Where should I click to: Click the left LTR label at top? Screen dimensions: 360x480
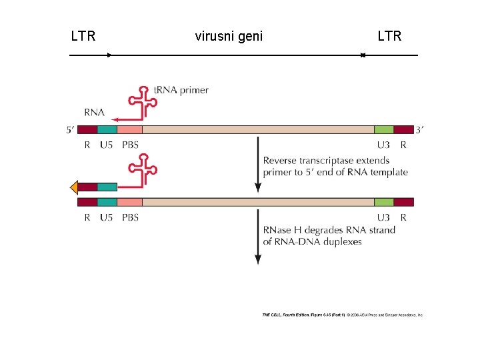(x=83, y=36)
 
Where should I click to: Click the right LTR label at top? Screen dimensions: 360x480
(x=389, y=36)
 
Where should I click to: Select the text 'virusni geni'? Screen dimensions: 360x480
(x=229, y=36)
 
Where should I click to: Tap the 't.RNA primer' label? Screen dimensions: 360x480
(x=181, y=90)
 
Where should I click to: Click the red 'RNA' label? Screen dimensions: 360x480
(x=94, y=112)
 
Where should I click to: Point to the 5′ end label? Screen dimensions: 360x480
(x=71, y=130)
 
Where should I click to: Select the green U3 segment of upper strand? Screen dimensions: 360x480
(x=383, y=129)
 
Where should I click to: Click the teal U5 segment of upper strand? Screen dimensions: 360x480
(x=107, y=129)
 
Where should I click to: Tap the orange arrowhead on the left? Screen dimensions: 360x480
(x=74, y=187)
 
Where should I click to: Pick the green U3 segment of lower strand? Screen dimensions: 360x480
(x=383, y=202)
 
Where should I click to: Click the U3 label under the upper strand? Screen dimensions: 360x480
(x=383, y=144)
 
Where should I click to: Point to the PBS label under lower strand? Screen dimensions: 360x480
(x=131, y=217)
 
